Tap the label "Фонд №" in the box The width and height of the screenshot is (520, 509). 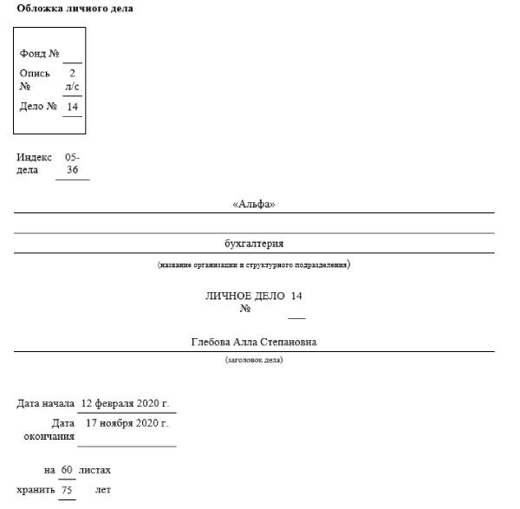tap(39, 54)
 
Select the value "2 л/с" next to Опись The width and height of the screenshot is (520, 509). tap(72, 80)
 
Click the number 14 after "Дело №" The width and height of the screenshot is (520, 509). tap(73, 107)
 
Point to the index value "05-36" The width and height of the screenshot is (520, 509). tap(73, 164)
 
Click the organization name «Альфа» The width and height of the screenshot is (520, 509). tap(254, 205)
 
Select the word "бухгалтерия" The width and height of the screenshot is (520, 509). tap(254, 244)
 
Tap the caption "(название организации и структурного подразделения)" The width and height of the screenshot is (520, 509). tap(254, 264)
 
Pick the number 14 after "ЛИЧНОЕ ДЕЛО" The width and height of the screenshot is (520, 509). tap(296, 296)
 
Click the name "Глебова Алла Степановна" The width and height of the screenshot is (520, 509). tap(254, 342)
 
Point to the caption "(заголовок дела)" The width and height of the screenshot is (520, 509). tap(254, 359)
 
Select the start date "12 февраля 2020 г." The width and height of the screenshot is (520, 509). tap(124, 403)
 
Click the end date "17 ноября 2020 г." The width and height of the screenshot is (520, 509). tap(127, 423)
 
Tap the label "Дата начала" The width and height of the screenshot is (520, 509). tap(46, 403)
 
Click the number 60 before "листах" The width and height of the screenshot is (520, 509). tap(67, 470)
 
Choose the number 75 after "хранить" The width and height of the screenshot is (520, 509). tap(67, 490)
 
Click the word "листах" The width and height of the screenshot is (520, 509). tap(94, 470)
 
